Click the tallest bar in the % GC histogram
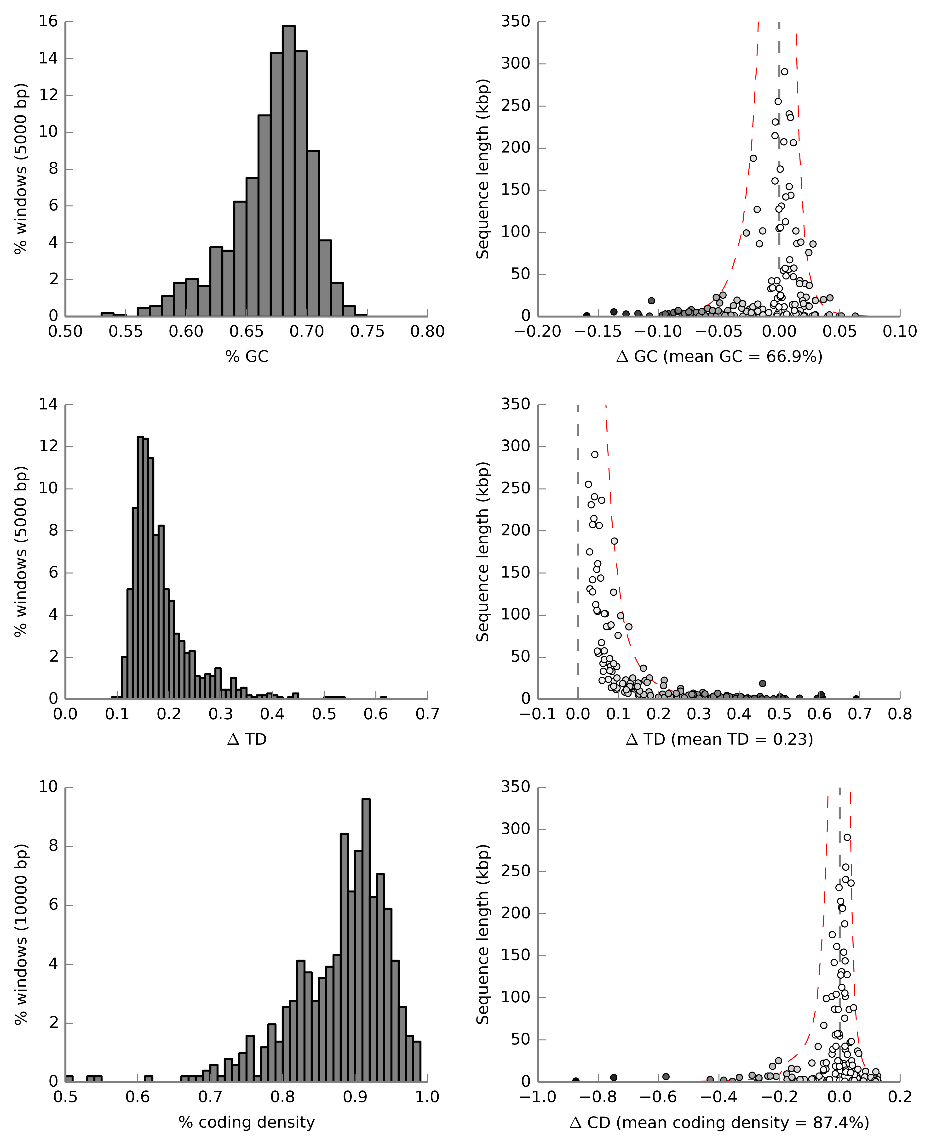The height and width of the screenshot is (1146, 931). tap(288, 170)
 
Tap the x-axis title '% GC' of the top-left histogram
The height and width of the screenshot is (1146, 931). tap(247, 357)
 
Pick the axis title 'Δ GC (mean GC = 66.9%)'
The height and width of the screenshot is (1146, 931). tap(719, 357)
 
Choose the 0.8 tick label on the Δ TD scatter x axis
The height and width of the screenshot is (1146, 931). tap(899, 715)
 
